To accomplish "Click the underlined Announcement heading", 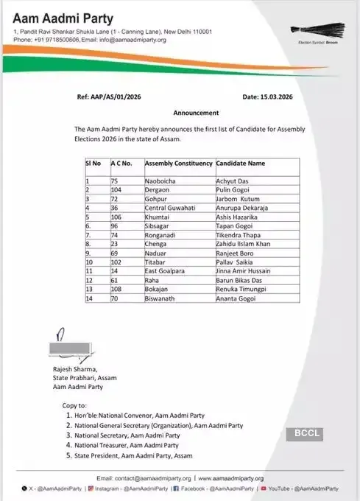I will click(x=196, y=113).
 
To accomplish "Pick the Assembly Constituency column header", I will click(x=179, y=163).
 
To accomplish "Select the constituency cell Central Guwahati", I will click(x=170, y=209).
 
